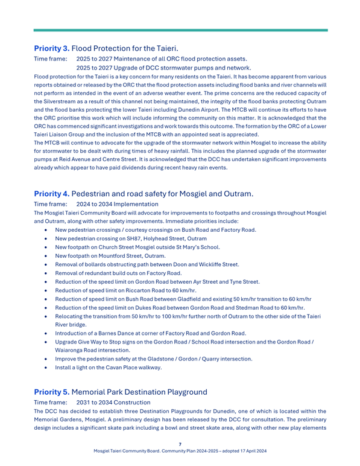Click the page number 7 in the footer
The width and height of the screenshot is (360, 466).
[x=180, y=444]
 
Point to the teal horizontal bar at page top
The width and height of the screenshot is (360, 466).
[x=180, y=30]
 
